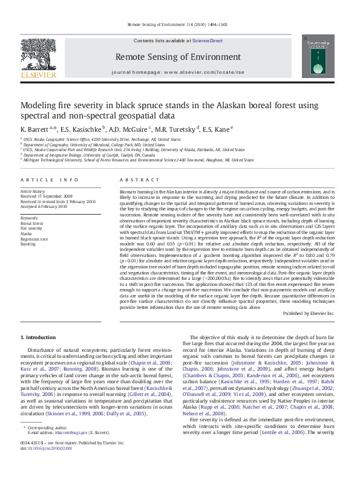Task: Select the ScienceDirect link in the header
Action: click(x=208, y=41)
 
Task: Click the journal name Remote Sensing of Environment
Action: click(x=180, y=57)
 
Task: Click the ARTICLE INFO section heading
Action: click(x=50, y=180)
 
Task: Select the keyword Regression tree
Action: click(x=33, y=239)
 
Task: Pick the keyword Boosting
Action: click(x=28, y=244)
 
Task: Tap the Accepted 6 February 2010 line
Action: click(x=44, y=206)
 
